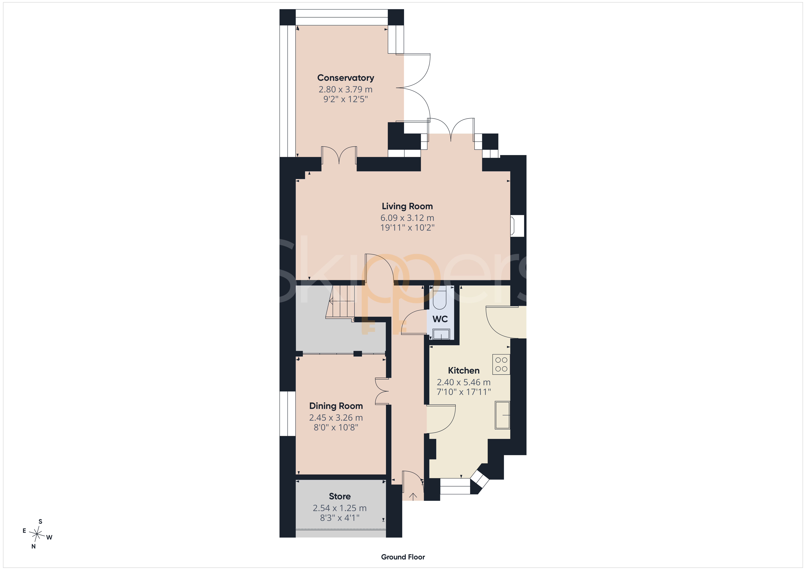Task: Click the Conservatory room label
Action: (345, 78)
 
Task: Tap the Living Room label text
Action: (407, 206)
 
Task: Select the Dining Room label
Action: (336, 406)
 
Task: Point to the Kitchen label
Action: (464, 371)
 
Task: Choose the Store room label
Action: (340, 496)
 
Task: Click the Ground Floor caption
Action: (403, 557)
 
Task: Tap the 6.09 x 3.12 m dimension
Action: (407, 218)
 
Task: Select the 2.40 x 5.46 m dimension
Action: (464, 382)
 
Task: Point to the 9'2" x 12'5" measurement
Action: (345, 99)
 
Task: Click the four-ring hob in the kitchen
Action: (501, 364)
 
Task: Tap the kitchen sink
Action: (502, 415)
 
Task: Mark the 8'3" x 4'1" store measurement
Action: (340, 518)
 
